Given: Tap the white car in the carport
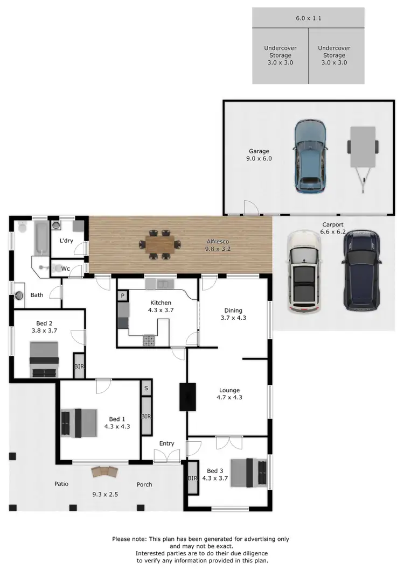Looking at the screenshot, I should click(x=304, y=271).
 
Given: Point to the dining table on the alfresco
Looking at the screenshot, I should click(x=159, y=245).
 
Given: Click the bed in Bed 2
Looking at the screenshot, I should click(x=44, y=359).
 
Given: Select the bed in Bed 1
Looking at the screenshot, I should click(x=79, y=422).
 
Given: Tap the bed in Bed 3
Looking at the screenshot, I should click(x=249, y=472).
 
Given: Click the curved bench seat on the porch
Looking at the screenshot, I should click(x=104, y=471).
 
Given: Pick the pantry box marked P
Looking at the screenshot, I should click(x=123, y=295).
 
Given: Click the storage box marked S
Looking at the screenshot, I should click(x=146, y=387).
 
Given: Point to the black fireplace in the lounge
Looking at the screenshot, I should click(x=187, y=397).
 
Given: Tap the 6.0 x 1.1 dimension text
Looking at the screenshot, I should click(x=308, y=18).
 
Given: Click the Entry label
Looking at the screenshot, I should click(x=166, y=443).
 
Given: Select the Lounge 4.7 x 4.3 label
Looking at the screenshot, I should click(x=229, y=394).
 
